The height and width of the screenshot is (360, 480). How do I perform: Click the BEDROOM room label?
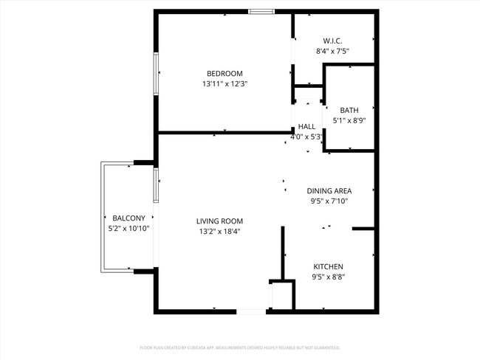[x=224, y=73]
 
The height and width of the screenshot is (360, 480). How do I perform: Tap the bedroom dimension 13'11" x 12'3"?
[x=224, y=84]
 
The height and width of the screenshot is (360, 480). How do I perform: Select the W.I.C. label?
[x=332, y=41]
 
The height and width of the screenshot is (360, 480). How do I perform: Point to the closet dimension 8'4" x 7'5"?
[x=332, y=52]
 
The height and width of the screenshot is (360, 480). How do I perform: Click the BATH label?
[x=349, y=110]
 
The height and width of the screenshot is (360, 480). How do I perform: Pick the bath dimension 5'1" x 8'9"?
[x=349, y=120]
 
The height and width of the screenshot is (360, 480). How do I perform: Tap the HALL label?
[x=306, y=127]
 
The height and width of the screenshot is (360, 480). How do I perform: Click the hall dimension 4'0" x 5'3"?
[x=306, y=136]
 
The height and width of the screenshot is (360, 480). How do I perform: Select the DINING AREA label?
[x=329, y=190]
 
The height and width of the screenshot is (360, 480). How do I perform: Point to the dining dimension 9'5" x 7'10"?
[x=329, y=201]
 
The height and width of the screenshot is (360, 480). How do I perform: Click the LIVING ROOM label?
[x=219, y=221]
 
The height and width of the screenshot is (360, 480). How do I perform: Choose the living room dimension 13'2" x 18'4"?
[x=219, y=231]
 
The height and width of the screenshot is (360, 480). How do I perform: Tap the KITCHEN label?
[x=328, y=266]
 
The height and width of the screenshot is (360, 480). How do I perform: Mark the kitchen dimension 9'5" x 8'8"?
[x=328, y=277]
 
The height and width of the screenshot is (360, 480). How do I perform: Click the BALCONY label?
[x=128, y=218]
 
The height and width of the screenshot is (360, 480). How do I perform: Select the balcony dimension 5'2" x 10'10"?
[x=128, y=228]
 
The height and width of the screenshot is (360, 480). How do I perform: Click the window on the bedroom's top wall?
[x=261, y=11]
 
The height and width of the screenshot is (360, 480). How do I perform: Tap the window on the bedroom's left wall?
[x=155, y=73]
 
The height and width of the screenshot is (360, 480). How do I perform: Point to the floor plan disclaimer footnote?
[x=239, y=347]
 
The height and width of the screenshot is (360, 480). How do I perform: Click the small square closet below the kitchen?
[x=282, y=295]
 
